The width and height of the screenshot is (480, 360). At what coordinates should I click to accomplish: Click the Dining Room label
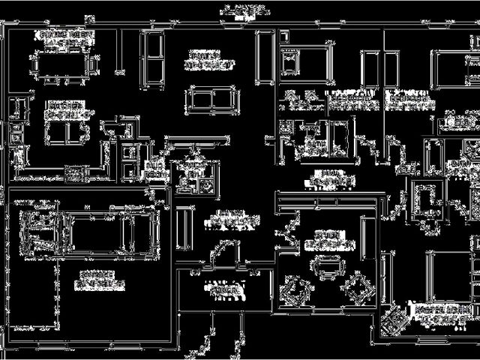[61, 37]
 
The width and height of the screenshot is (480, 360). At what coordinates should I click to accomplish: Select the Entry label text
[225, 217]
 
